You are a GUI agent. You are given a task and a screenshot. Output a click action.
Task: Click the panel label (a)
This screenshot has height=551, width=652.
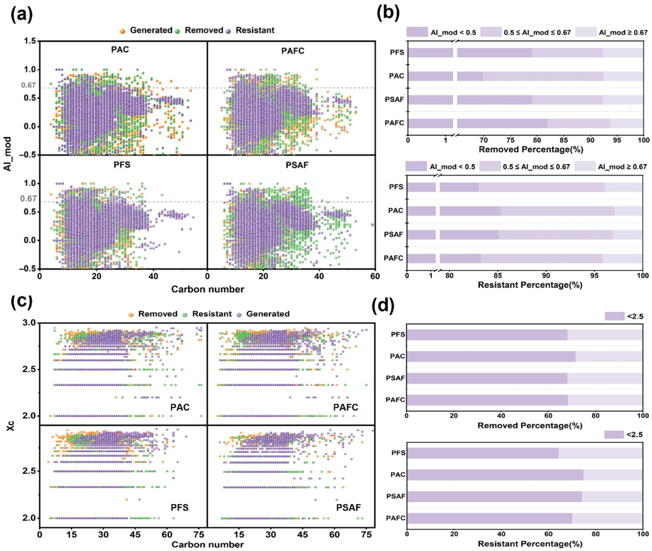pyautogui.click(x=21, y=15)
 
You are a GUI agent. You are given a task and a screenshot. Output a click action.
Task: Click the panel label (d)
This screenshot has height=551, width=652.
pyautogui.click(x=383, y=306)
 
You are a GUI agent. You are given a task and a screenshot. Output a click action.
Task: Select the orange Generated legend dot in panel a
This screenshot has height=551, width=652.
pyautogui.click(x=123, y=31)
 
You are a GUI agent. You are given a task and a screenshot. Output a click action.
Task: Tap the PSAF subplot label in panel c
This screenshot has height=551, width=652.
pyautogui.click(x=348, y=507)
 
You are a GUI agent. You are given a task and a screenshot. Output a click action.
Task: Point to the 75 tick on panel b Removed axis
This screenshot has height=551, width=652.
pyautogui.click(x=510, y=140)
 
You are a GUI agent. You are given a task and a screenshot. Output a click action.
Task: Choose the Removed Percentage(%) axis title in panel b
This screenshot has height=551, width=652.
pyautogui.click(x=531, y=149)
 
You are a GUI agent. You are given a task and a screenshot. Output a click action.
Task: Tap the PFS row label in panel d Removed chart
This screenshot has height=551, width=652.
pyautogui.click(x=398, y=335)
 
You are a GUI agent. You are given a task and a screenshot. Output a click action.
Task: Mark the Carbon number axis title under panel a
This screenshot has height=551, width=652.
pyautogui.click(x=207, y=289)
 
